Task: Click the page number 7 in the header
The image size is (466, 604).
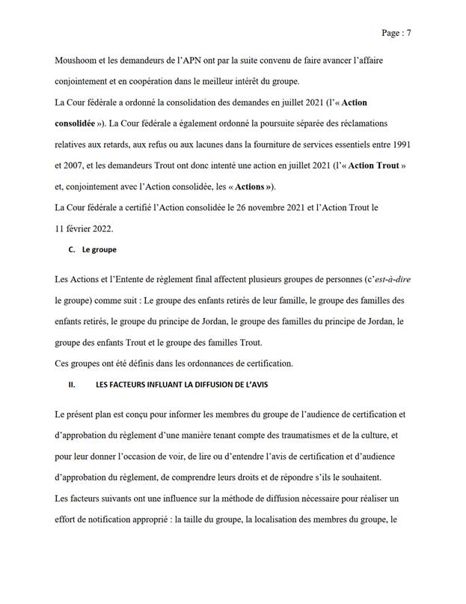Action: [x=410, y=34]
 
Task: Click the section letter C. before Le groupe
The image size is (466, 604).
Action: [x=64, y=250]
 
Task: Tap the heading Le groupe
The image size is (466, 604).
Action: [x=94, y=250]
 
